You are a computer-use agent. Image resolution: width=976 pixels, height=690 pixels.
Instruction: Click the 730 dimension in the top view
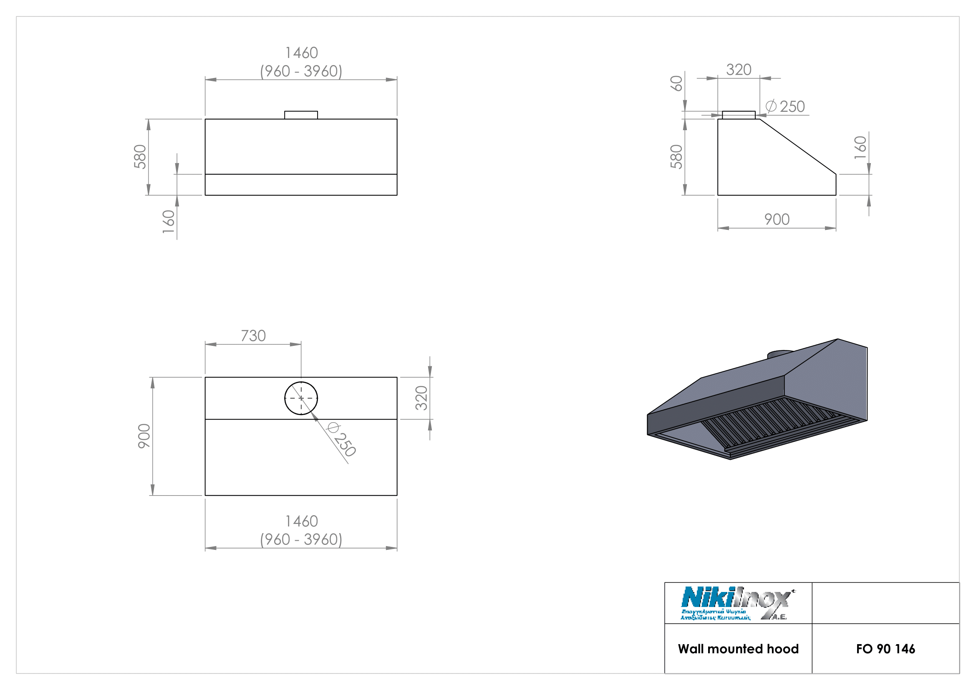(253, 336)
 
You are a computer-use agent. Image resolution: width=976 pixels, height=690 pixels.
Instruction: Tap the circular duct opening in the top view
(301, 398)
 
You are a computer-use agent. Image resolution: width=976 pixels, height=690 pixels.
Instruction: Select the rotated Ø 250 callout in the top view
(341, 439)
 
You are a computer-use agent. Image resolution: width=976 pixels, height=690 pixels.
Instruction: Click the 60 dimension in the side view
(676, 83)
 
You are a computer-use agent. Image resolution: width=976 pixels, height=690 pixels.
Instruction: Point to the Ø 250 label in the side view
(786, 107)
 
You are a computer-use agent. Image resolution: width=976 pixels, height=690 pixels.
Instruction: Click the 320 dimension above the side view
(739, 70)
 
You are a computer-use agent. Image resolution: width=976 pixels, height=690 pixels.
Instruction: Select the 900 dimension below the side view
(777, 220)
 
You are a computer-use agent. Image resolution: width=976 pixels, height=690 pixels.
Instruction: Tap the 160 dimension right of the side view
(860, 147)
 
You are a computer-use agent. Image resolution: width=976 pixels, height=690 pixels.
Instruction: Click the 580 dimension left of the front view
(140, 157)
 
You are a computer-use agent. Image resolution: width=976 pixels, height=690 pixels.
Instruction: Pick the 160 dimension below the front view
(169, 222)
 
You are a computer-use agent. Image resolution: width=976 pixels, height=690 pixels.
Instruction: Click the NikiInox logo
(737, 604)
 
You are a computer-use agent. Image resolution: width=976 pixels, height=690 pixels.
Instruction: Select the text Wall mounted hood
(738, 649)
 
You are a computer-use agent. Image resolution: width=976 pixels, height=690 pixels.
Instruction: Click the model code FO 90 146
(885, 649)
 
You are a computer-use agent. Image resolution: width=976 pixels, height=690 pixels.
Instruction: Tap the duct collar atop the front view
(301, 115)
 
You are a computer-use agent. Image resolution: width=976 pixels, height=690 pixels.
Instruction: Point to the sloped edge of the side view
(798, 146)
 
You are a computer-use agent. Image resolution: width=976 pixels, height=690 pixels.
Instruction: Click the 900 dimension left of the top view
(144, 436)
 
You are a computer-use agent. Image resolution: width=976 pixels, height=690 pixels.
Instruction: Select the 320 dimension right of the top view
(421, 398)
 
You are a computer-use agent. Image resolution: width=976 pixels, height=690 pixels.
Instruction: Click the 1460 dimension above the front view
(301, 53)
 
